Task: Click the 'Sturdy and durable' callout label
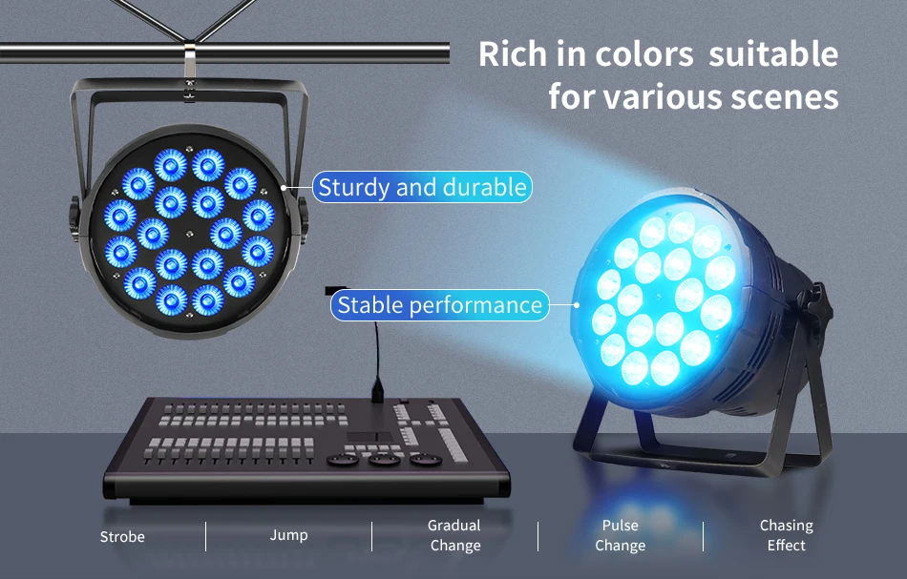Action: [x=422, y=187]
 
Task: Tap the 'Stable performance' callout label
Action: [x=439, y=305]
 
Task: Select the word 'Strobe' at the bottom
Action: [x=122, y=537]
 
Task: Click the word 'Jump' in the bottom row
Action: [x=288, y=536]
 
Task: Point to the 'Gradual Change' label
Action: [x=454, y=535]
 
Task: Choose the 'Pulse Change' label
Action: [x=620, y=535]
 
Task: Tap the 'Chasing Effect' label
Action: [x=786, y=535]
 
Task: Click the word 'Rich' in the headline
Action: [x=513, y=54]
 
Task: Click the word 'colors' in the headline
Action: [x=643, y=54]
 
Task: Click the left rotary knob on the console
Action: [x=342, y=460]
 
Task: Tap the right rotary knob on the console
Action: [x=427, y=460]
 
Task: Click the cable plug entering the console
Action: [x=377, y=389]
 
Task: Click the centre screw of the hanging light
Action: [x=189, y=234]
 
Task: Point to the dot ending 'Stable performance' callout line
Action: [x=577, y=304]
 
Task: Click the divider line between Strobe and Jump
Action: [x=205, y=536]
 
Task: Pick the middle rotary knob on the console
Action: [x=384, y=460]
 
